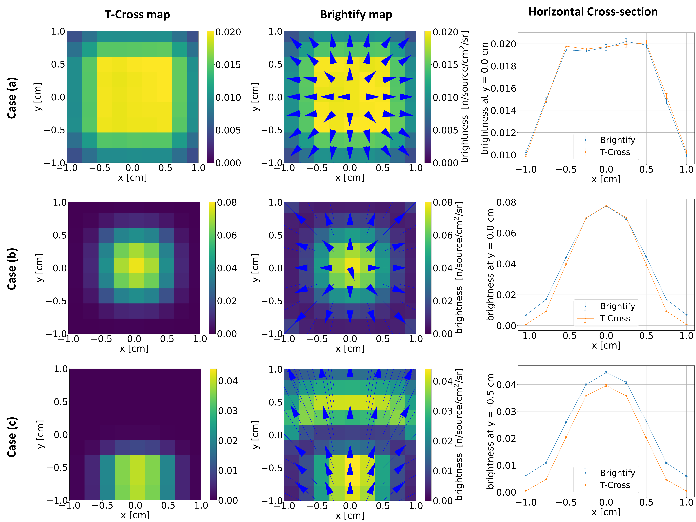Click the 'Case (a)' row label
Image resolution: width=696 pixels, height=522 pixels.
coord(12,98)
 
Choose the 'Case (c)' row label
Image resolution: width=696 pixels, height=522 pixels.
coord(12,437)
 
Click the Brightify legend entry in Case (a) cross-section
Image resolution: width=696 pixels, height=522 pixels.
coord(617,140)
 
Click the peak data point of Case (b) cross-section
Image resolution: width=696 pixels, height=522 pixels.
coord(606,206)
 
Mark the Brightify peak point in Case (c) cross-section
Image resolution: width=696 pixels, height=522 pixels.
coord(606,373)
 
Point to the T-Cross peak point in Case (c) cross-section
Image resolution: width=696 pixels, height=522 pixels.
coord(606,386)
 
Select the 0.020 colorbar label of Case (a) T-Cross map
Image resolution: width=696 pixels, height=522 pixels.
coord(228,32)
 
